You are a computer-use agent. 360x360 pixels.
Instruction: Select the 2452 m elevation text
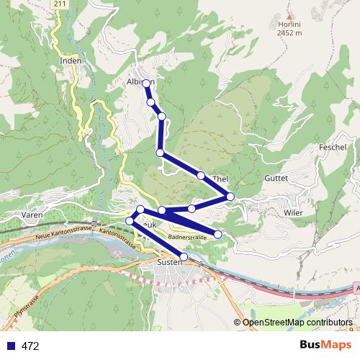(x=289, y=32)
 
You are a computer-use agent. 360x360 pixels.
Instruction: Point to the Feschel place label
(x=332, y=147)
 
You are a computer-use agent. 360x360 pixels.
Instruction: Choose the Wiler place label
(x=292, y=213)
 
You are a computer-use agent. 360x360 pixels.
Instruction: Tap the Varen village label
(x=32, y=215)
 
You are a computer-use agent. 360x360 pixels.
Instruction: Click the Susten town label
(x=172, y=264)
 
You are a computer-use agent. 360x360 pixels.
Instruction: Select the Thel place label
(x=220, y=178)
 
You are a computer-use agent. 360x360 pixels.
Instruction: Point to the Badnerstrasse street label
(x=188, y=237)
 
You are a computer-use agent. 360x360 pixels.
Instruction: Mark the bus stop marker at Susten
(x=184, y=256)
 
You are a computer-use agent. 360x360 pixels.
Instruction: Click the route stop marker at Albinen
(x=146, y=84)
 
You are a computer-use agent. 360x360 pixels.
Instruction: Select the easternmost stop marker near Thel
(x=230, y=196)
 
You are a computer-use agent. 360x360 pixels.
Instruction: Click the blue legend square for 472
(x=10, y=346)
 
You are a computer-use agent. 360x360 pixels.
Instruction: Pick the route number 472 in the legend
(x=30, y=346)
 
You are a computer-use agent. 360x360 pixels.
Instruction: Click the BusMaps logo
(x=325, y=345)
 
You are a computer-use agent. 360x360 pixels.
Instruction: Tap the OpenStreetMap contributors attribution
(x=297, y=323)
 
